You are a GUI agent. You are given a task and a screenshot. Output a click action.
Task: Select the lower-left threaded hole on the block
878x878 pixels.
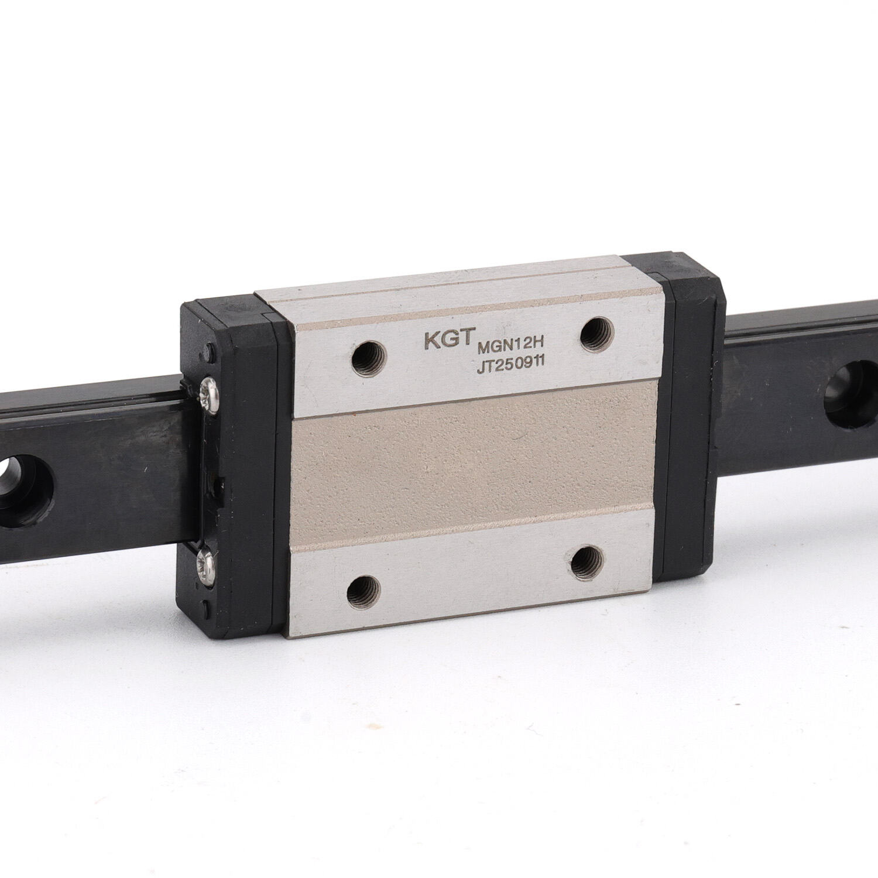click(363, 595)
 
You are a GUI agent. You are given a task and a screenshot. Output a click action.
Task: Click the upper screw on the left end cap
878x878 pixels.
click(210, 390)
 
